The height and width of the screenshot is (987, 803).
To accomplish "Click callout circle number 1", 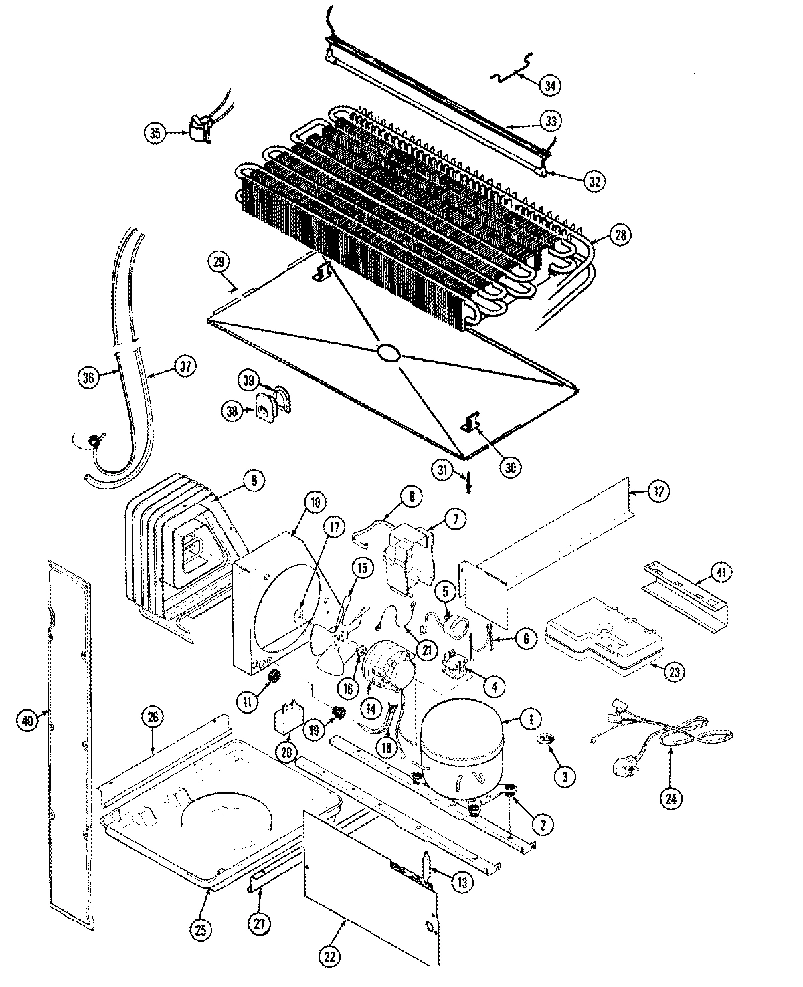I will click(x=531, y=720).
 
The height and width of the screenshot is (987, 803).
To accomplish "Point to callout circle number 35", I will click(x=155, y=133).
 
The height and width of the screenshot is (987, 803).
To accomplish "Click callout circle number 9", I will click(x=254, y=480).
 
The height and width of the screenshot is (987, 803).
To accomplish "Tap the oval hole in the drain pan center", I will click(x=388, y=354).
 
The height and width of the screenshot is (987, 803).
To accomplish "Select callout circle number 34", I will click(x=550, y=85).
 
